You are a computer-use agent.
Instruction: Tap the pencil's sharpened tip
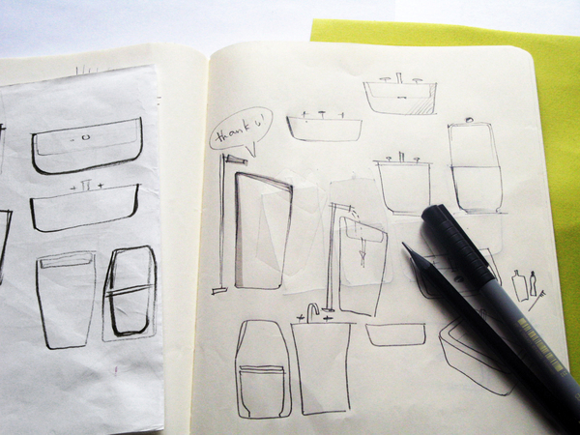click(407, 247)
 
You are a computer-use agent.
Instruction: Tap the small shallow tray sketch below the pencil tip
click(395, 334)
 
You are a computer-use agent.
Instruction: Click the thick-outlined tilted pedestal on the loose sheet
click(130, 293)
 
